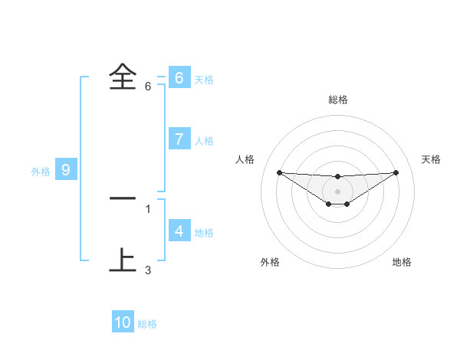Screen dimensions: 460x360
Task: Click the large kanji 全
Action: click(x=122, y=77)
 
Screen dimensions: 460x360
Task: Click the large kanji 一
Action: click(x=122, y=198)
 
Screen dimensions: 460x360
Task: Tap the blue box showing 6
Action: click(x=179, y=78)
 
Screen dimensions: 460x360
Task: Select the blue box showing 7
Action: click(x=179, y=139)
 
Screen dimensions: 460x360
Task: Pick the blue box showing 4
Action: click(x=179, y=231)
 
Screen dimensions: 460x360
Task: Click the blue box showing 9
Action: click(x=66, y=170)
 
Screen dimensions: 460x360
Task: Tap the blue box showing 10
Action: click(x=123, y=322)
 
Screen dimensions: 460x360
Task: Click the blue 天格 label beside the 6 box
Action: click(x=204, y=80)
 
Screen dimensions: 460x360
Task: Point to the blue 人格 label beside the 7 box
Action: click(x=204, y=141)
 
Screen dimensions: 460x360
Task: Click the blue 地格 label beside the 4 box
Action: click(x=204, y=232)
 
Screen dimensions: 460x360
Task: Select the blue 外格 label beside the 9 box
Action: click(x=41, y=172)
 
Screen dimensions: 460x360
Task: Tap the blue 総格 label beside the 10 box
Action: click(x=147, y=324)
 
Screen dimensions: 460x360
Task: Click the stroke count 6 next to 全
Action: click(x=148, y=87)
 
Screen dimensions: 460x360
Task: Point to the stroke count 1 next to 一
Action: click(x=148, y=208)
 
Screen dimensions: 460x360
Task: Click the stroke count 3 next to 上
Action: click(x=148, y=270)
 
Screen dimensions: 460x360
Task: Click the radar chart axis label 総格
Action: click(x=337, y=100)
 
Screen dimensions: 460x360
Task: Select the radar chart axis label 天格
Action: click(x=431, y=159)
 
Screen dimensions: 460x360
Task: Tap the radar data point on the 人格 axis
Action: click(x=279, y=172)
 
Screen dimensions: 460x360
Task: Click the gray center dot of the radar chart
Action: click(x=337, y=191)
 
